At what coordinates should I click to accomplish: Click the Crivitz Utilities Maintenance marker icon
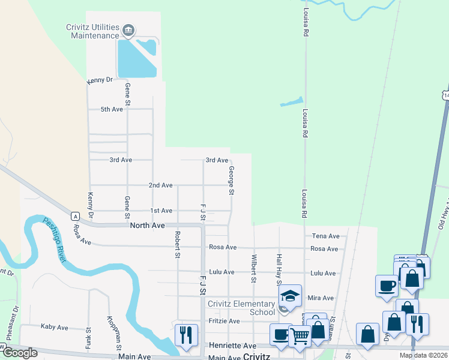[127, 30]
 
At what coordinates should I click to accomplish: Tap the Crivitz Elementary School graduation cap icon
[289, 296]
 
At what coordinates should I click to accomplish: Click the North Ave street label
[147, 226]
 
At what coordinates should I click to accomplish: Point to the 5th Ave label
[111, 109]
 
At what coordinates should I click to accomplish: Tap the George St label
[231, 181]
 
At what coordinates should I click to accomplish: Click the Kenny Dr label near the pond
[100, 80]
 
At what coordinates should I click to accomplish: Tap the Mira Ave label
[320, 298]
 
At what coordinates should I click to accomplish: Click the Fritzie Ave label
[224, 321]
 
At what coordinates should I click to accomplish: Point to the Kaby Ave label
[54, 327]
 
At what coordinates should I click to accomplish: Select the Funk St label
[88, 338]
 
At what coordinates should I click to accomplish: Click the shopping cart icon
[299, 337]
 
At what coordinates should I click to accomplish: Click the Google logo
[19, 353]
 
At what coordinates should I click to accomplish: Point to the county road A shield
[75, 216]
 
